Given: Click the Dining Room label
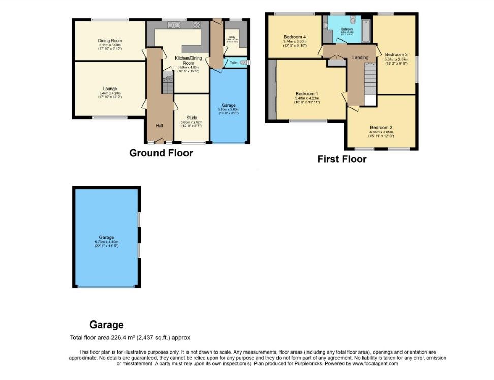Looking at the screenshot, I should pos(110,41).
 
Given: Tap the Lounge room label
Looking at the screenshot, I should pos(110,89).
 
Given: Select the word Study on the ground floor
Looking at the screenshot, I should pos(191,117).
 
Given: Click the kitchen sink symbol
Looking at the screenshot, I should pos(173,25).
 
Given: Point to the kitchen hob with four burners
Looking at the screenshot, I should pos(196,25).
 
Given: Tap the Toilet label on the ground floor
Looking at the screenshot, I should pos(233,63).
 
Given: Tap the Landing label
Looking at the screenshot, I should pos(360,57).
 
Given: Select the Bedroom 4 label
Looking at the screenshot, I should pos(295,37).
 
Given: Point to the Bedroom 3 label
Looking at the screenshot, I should pos(396,54).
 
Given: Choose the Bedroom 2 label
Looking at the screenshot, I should pos(381,128).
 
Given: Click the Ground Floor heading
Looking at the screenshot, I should pos(161,153).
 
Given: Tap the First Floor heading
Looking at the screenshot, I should pos(342,159).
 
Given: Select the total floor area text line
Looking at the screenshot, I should pos(130,337).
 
